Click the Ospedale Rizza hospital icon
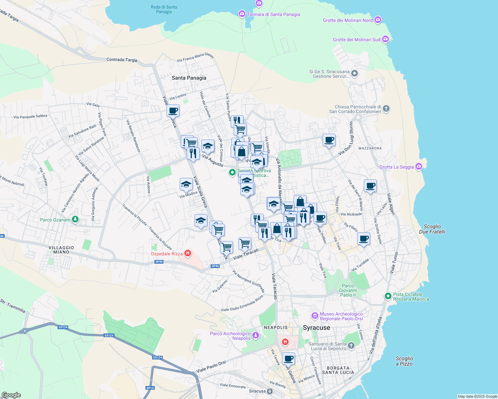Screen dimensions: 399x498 (x=188, y=254)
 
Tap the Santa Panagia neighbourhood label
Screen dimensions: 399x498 (x=189, y=78)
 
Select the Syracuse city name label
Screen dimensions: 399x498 (x=316, y=328)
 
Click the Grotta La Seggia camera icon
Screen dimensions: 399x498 (x=419, y=167)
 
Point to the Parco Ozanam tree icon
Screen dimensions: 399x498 (x=76, y=219)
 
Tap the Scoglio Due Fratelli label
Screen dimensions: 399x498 (x=432, y=229)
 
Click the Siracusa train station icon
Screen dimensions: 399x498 (x=270, y=391)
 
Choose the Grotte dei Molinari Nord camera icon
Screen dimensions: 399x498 (x=377, y=20)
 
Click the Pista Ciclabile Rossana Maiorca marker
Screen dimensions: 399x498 (x=388, y=296)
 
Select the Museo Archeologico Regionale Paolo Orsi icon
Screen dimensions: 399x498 (x=315, y=316)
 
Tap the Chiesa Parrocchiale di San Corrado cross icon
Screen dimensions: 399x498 (x=386, y=108)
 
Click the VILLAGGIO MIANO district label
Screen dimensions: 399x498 (x=61, y=250)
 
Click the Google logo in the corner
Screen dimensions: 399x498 (x=11, y=395)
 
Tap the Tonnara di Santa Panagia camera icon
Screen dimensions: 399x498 (x=242, y=14)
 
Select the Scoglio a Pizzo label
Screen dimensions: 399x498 (x=404, y=361)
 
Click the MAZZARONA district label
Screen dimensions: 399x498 (x=370, y=148)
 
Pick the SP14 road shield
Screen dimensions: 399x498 (x=150, y=388)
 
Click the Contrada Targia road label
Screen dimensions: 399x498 (x=122, y=60)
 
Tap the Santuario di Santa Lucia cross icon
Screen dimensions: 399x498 (x=352, y=346)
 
